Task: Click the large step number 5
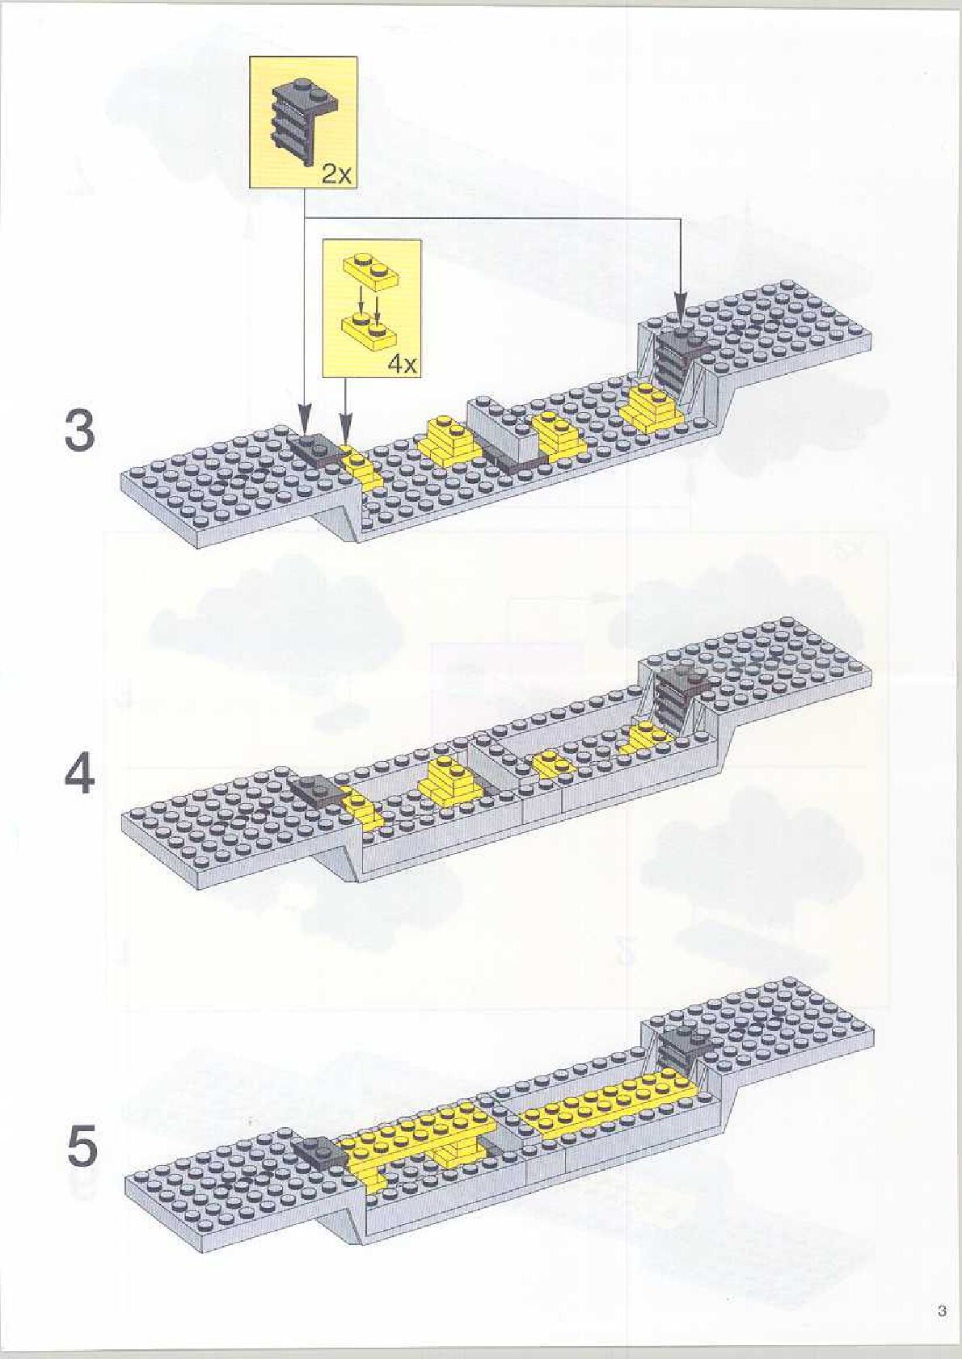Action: coord(81,1147)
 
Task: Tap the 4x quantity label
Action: coord(403,364)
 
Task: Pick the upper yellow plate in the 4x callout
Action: coord(372,269)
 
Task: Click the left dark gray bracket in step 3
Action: coord(315,446)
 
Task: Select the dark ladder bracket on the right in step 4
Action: coord(676,695)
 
